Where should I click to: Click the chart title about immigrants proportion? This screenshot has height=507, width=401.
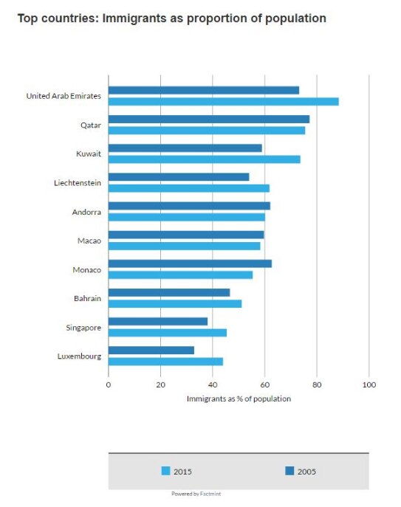(171, 18)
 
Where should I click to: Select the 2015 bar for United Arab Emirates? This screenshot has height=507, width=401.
(223, 102)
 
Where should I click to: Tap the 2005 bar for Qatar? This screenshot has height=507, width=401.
(208, 119)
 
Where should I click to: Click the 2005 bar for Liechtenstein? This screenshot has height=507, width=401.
(178, 176)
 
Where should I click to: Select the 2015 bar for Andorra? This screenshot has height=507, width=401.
(186, 217)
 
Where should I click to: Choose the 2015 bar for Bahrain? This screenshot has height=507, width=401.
(174, 303)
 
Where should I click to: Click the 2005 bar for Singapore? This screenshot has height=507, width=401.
(157, 321)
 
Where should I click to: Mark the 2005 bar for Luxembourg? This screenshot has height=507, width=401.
(151, 350)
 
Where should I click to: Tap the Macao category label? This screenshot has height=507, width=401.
(89, 241)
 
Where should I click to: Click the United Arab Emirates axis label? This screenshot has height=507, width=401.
(64, 96)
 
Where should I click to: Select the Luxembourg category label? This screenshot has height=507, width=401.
(79, 356)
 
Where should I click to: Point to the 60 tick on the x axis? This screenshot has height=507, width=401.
(265, 384)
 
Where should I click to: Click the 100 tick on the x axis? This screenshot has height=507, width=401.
(369, 384)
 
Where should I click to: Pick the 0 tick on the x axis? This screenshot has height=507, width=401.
(109, 384)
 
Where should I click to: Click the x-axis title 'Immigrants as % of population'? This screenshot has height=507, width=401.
(239, 399)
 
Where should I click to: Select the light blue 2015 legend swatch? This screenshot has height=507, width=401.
(165, 470)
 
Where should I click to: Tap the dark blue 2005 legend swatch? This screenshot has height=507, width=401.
(289, 470)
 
